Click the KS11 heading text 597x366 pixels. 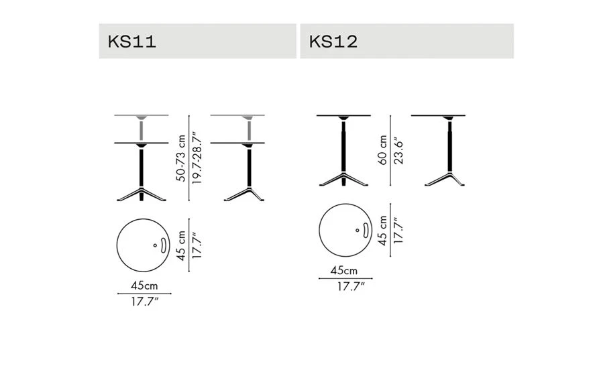pyautogui.click(x=131, y=42)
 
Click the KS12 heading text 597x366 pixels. pyautogui.click(x=333, y=42)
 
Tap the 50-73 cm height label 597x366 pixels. pyautogui.click(x=181, y=158)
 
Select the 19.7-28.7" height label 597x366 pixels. pyautogui.click(x=197, y=158)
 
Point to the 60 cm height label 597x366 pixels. pyautogui.click(x=382, y=150)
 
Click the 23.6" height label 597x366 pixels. pyautogui.click(x=398, y=151)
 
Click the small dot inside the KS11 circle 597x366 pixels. pyautogui.click(x=155, y=245)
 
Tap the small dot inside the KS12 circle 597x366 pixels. pyautogui.click(x=357, y=230)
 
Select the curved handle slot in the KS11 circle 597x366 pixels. pyautogui.click(x=164, y=245)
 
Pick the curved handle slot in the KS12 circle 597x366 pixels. pyautogui.click(x=366, y=231)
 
